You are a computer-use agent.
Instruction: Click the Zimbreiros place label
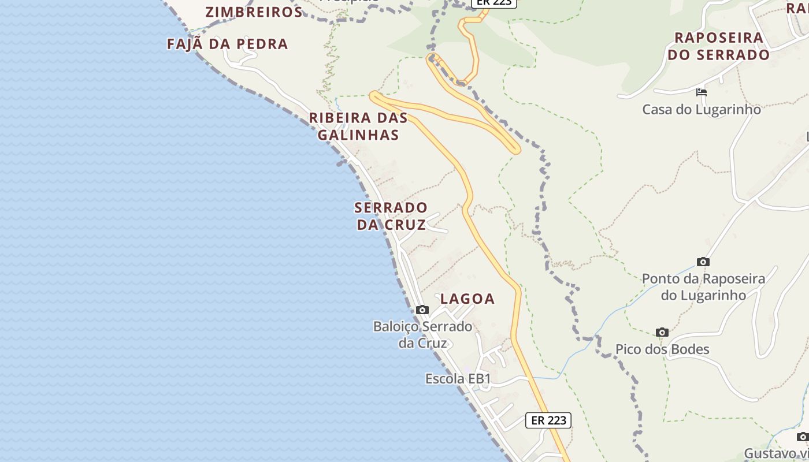pos(254,12)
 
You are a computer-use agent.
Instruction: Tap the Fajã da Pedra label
pos(227,44)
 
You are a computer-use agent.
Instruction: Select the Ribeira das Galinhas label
pos(358,126)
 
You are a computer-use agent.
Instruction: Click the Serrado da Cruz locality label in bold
pos(391,215)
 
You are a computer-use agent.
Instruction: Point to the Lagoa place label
pos(467,299)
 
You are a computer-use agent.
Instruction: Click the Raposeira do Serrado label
pos(718,46)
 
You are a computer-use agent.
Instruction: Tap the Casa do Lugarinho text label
pos(702,109)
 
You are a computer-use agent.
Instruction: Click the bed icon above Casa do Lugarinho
pos(702,92)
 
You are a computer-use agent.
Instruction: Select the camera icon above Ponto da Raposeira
pos(703,262)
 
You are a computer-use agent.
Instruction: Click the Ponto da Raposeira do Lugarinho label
pos(703,286)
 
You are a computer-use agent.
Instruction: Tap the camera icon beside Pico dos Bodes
pos(662,332)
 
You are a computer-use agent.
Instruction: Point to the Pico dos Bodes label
pos(662,349)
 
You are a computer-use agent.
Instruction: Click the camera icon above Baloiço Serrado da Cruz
pos(422,310)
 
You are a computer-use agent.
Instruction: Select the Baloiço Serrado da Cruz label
pos(422,334)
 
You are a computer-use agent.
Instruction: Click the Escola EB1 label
pos(458,379)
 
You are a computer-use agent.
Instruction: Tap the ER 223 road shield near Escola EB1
pos(548,420)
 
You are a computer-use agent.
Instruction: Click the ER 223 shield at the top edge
pos(493,3)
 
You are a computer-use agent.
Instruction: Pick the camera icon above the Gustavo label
pos(803,437)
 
